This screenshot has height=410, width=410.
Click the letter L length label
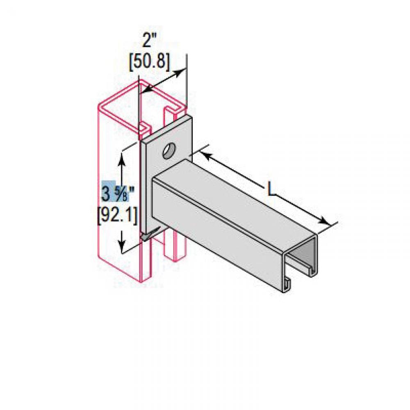point(270,189)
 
